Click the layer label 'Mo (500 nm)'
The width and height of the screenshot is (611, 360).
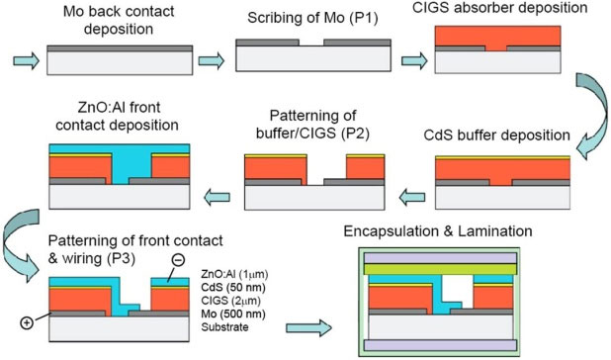[231, 315]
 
